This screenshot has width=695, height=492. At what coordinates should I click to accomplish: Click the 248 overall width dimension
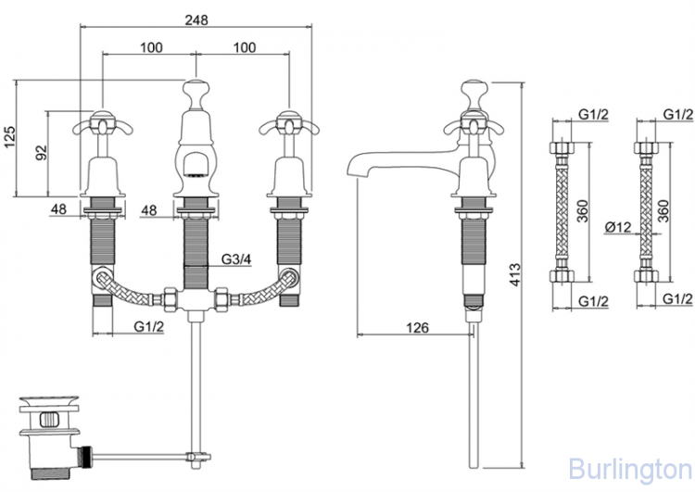pyautogui.click(x=196, y=18)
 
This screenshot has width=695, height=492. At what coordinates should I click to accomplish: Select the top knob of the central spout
pyautogui.click(x=196, y=90)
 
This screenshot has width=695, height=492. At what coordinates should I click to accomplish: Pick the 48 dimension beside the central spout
pyautogui.click(x=148, y=209)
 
